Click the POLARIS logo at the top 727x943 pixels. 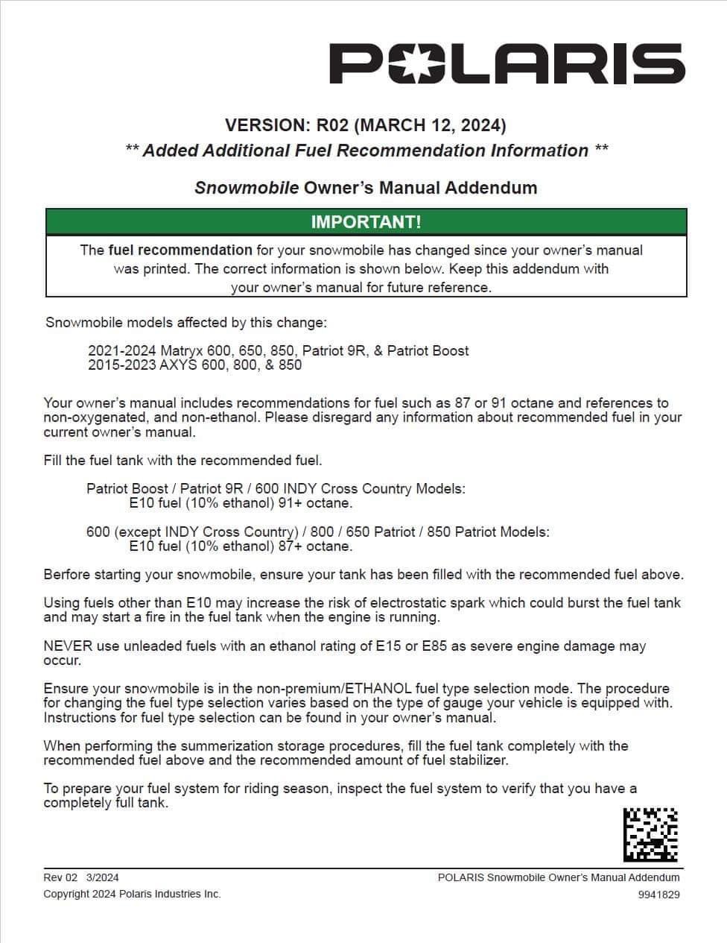[x=507, y=63]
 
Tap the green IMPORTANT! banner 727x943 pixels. [x=366, y=221]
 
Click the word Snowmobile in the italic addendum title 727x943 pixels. [x=247, y=187]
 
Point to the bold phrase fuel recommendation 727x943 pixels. [x=180, y=250]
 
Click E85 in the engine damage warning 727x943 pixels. [x=434, y=646]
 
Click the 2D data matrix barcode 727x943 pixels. [x=650, y=835]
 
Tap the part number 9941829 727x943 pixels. [x=658, y=895]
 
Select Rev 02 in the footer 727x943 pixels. [x=60, y=877]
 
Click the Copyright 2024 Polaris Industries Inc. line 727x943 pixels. [x=132, y=894]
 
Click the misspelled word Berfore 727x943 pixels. [x=68, y=575]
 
